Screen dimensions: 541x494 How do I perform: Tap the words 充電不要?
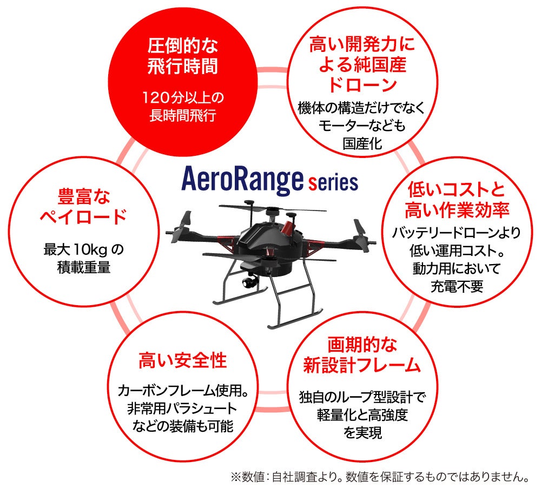click(x=456, y=285)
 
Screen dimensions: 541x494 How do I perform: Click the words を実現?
click(x=362, y=433)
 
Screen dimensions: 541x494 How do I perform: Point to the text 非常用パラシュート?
click(x=182, y=408)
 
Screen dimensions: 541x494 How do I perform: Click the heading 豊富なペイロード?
click(x=83, y=206)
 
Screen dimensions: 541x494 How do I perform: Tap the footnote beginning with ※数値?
click(x=379, y=477)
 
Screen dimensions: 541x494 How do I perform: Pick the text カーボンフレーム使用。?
click(x=182, y=390)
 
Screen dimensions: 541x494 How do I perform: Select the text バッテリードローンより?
click(x=456, y=233)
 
